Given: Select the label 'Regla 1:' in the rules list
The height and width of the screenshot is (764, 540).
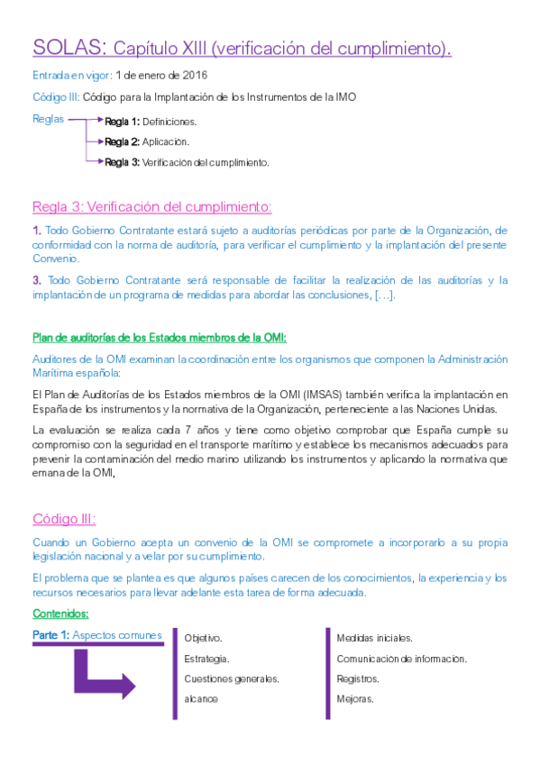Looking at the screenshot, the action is coord(122,121).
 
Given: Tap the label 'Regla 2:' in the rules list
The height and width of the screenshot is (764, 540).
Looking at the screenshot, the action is coord(122,141).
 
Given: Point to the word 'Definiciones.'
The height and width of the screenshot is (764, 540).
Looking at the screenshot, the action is coord(169,121).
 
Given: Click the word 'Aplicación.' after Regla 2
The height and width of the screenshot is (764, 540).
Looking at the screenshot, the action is coord(166,141).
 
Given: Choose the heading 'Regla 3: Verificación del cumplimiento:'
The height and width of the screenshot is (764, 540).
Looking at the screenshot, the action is coord(152,206).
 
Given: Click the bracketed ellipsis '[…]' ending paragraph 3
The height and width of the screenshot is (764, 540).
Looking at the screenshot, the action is coord(385,296).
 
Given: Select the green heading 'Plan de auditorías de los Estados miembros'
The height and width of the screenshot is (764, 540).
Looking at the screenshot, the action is coord(160,338).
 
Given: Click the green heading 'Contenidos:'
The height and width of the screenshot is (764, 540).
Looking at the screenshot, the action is coord(60,614).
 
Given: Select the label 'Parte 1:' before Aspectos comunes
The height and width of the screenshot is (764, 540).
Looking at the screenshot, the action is coord(50,635).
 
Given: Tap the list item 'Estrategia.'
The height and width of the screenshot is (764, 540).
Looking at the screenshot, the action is coord(206,659).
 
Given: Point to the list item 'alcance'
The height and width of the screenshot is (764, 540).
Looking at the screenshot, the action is coord(201,699).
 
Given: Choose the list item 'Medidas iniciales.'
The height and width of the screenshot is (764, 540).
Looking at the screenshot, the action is coord(374,638).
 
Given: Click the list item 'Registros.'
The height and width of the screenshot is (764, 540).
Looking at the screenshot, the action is coord(358,678).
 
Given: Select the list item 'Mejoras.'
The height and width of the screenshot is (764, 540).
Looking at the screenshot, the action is coord(355,699).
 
